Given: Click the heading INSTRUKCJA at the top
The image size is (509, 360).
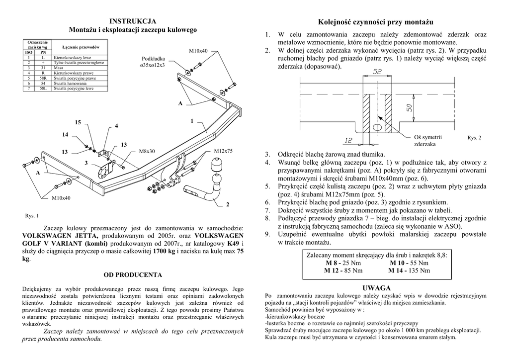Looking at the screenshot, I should (133, 21).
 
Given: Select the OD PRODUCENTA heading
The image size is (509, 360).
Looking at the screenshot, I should (132, 274).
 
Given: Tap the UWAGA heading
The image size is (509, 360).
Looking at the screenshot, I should (376, 288).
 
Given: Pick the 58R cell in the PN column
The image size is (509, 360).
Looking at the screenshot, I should (43, 79).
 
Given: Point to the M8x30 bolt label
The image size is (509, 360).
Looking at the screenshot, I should (147, 151).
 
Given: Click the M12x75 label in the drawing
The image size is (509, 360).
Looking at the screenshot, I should (223, 151).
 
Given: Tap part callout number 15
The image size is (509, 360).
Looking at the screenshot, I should (78, 122).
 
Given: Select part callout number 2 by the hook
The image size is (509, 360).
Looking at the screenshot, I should (228, 204).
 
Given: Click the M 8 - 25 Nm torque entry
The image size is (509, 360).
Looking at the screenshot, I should (343, 263).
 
